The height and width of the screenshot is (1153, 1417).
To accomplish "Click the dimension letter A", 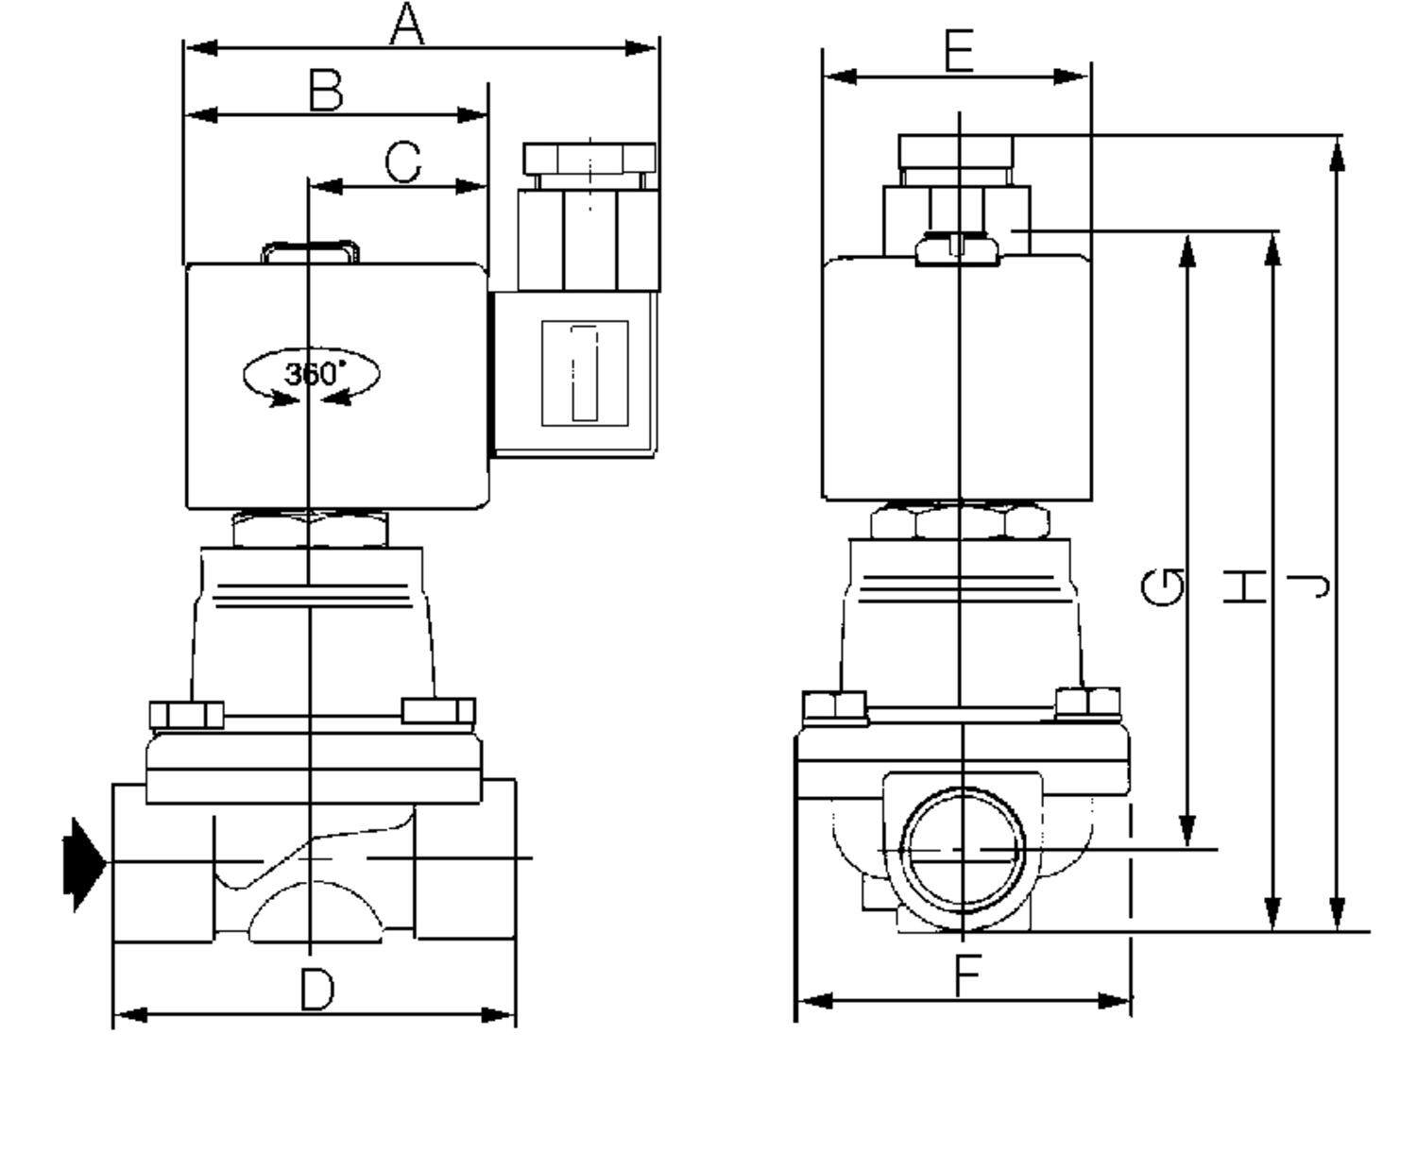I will (407, 25).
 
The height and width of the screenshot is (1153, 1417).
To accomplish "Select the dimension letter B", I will (326, 92).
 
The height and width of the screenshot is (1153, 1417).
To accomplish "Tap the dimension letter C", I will (403, 162).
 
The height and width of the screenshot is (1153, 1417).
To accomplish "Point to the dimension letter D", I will (317, 991).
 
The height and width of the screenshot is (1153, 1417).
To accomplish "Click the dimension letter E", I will (959, 52).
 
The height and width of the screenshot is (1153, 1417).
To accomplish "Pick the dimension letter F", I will (966, 975).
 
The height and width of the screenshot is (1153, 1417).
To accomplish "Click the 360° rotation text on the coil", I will (312, 374).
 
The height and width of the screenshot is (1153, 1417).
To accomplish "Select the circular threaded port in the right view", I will (963, 850).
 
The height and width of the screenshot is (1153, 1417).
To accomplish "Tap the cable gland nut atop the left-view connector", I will (589, 158).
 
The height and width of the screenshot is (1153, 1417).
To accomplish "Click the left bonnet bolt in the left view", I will (186, 715).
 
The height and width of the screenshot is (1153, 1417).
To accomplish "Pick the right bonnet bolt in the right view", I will (1087, 702).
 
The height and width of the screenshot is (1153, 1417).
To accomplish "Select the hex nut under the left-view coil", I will (310, 529).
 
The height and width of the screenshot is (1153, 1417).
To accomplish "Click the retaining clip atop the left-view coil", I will (310, 251).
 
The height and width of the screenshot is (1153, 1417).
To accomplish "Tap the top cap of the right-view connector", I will (955, 150).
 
